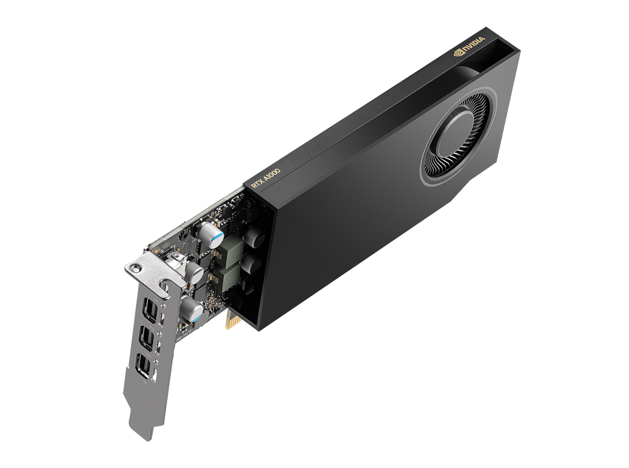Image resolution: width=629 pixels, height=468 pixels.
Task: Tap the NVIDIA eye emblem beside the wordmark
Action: (458, 52)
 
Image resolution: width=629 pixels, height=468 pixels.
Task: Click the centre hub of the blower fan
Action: (456, 134)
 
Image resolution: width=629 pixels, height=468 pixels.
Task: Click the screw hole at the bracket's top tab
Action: (137, 268)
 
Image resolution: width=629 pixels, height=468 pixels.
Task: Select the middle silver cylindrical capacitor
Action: (195, 273)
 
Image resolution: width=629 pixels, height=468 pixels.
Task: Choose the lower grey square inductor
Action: (226, 276)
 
